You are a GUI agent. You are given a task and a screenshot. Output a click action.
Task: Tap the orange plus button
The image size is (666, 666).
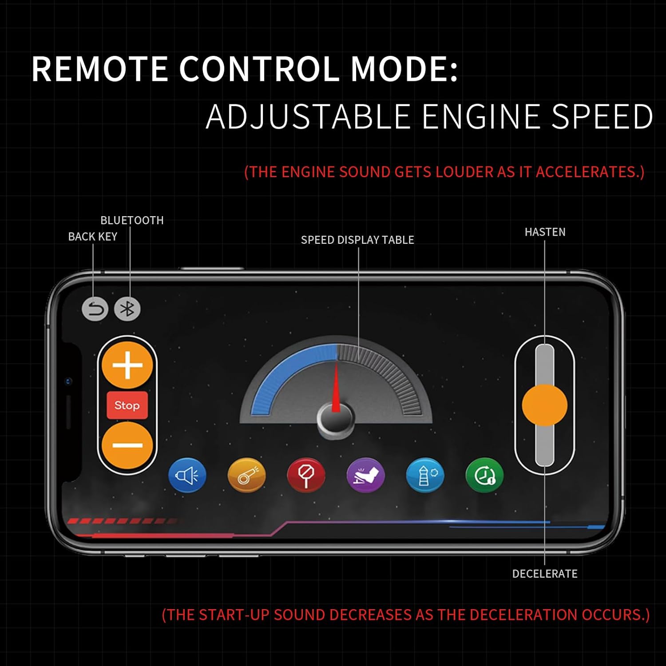click(x=127, y=366)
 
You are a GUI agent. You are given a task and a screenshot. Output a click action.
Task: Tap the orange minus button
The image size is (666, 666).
click(x=127, y=445)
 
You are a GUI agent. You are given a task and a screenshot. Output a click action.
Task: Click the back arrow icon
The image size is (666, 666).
click(x=95, y=309)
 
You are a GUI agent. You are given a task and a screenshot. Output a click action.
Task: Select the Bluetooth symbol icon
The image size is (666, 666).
click(x=127, y=309)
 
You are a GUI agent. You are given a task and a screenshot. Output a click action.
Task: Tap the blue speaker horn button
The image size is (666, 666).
click(x=187, y=476)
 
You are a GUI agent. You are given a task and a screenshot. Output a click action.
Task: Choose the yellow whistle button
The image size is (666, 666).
click(x=246, y=476)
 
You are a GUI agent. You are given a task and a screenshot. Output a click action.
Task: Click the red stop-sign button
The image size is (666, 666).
click(x=306, y=476)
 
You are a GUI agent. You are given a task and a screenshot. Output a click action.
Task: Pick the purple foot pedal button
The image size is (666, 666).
click(x=365, y=476)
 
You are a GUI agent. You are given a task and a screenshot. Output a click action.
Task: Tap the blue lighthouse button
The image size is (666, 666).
click(x=425, y=476)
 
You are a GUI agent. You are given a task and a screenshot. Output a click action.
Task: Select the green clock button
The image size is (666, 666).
click(x=484, y=476)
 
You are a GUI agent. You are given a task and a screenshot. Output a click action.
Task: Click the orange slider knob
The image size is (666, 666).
click(x=544, y=405)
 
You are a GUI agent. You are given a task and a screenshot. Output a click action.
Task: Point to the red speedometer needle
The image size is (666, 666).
click(x=336, y=386)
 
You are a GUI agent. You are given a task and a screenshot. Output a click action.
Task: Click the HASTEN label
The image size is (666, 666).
click(x=545, y=232)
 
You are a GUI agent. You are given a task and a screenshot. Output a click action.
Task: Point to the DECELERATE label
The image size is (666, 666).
click(x=545, y=574)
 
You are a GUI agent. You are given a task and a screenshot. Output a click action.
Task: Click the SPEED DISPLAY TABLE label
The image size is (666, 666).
click(x=357, y=240)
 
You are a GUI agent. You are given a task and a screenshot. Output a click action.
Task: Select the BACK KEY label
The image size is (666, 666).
click(x=93, y=237)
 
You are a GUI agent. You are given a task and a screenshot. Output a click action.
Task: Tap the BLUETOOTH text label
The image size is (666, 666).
click(x=132, y=220)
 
